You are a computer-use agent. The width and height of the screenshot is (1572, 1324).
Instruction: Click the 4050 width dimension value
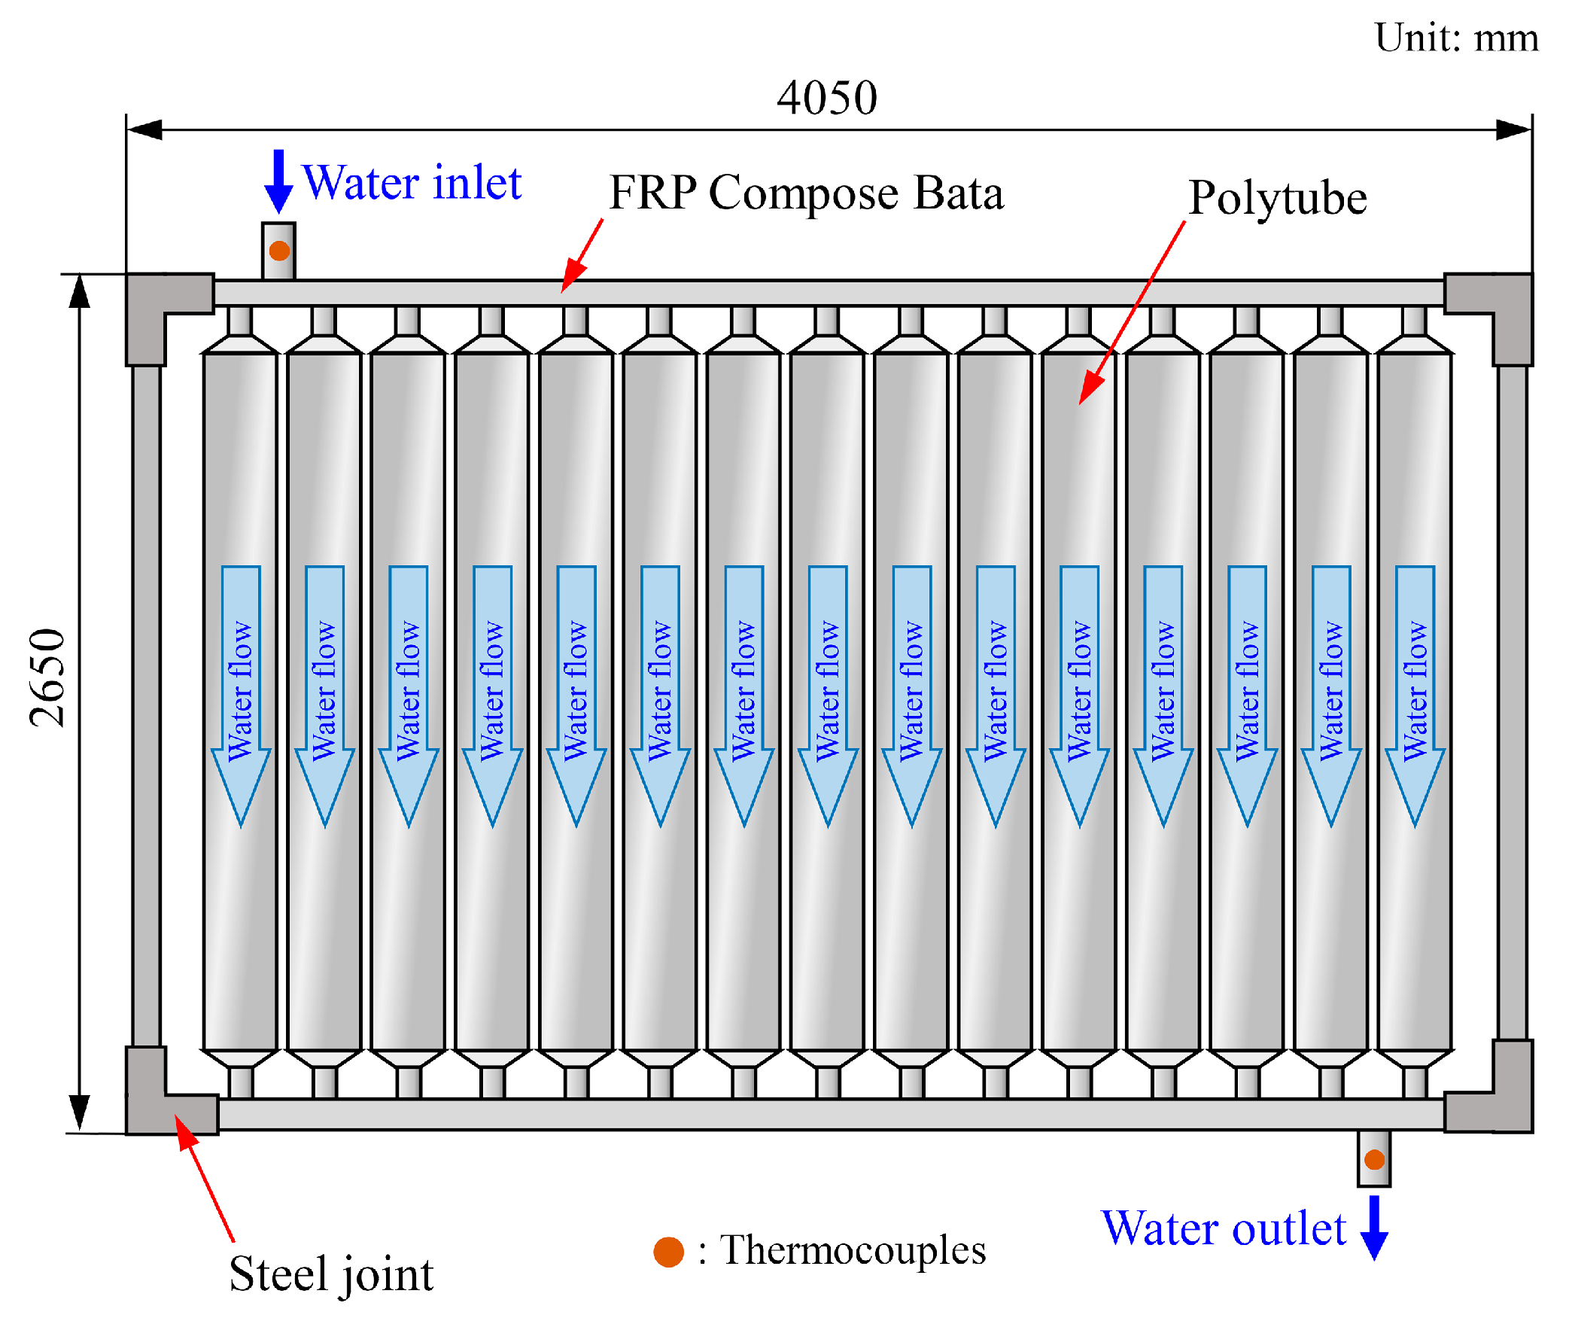(826, 98)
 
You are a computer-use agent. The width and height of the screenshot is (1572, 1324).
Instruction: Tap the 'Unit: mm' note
(1455, 38)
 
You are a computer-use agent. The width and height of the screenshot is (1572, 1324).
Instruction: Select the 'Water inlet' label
(412, 183)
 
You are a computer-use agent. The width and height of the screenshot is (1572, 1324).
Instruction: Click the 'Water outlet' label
(1223, 1229)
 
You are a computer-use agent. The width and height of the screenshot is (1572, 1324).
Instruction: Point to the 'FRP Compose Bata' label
(806, 193)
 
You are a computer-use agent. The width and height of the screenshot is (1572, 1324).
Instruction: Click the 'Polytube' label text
(1277, 199)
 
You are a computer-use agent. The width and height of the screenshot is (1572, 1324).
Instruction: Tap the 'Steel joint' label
(331, 1274)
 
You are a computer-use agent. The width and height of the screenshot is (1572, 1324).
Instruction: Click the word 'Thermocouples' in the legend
(853, 1250)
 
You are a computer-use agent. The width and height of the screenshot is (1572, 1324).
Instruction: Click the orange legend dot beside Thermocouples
(668, 1252)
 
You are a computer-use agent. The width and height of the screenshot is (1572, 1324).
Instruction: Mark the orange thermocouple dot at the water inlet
(279, 251)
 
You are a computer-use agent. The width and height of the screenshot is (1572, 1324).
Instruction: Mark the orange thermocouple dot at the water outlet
(1374, 1159)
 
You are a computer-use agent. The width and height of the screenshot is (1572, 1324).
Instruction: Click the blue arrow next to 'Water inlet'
(278, 181)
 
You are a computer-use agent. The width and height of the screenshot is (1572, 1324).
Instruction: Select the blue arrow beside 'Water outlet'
(1374, 1227)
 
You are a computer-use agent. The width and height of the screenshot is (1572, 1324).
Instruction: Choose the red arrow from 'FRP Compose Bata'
(582, 256)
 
